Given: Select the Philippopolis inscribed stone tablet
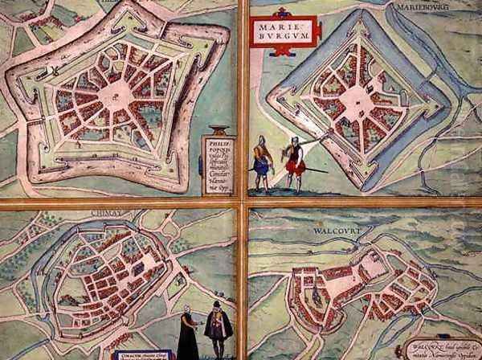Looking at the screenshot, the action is coord(215,162).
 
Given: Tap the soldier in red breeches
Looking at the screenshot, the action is coord(295,164).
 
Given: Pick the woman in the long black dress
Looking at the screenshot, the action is coord(187,336).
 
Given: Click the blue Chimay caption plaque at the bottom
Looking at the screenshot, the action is coord(141,354).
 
